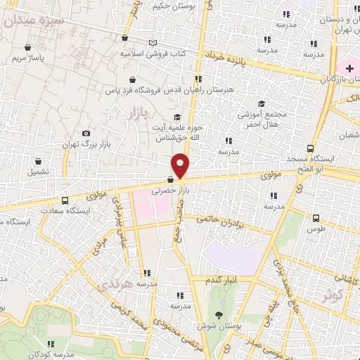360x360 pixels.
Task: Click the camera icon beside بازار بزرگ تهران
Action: pos(86,133)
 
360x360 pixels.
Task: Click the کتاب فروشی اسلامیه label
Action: pos(152,53)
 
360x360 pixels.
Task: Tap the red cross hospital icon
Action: pos(349,67)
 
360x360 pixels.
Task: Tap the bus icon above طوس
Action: pos(316,218)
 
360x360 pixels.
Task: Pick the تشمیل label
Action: pos(38,171)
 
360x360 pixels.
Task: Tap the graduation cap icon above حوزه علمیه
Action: pos(177,117)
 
